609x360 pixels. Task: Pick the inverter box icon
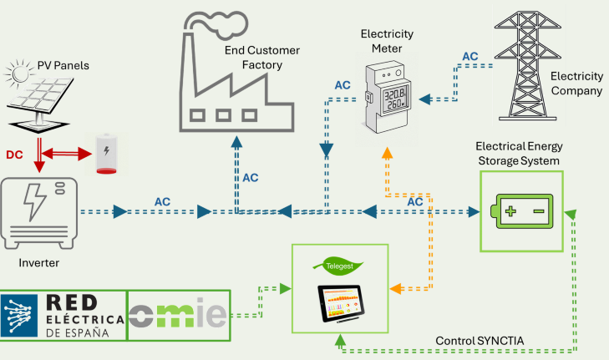coord(39,212)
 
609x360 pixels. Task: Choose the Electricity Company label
coord(576,84)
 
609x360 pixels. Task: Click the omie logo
coord(177,317)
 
